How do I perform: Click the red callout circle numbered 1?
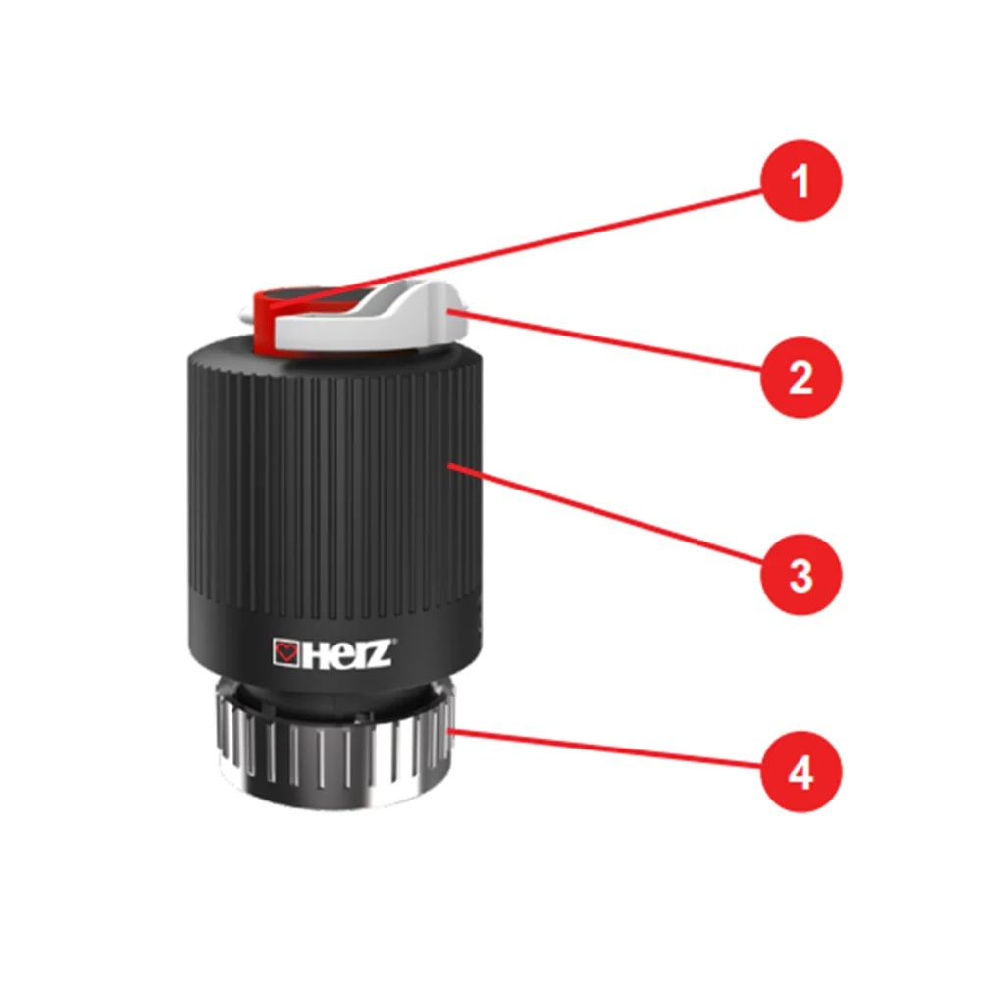(x=801, y=181)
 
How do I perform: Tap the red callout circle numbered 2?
(x=801, y=378)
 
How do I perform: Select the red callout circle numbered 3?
(x=801, y=574)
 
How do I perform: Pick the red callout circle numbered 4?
(x=801, y=771)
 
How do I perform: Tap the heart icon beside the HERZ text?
(x=286, y=653)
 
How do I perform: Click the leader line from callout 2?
(x=605, y=342)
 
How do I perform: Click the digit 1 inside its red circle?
(x=800, y=181)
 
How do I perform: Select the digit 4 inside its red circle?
(x=800, y=772)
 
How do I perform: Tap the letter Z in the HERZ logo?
(x=381, y=653)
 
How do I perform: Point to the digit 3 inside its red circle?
(x=801, y=575)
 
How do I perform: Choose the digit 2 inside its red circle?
(x=801, y=378)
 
